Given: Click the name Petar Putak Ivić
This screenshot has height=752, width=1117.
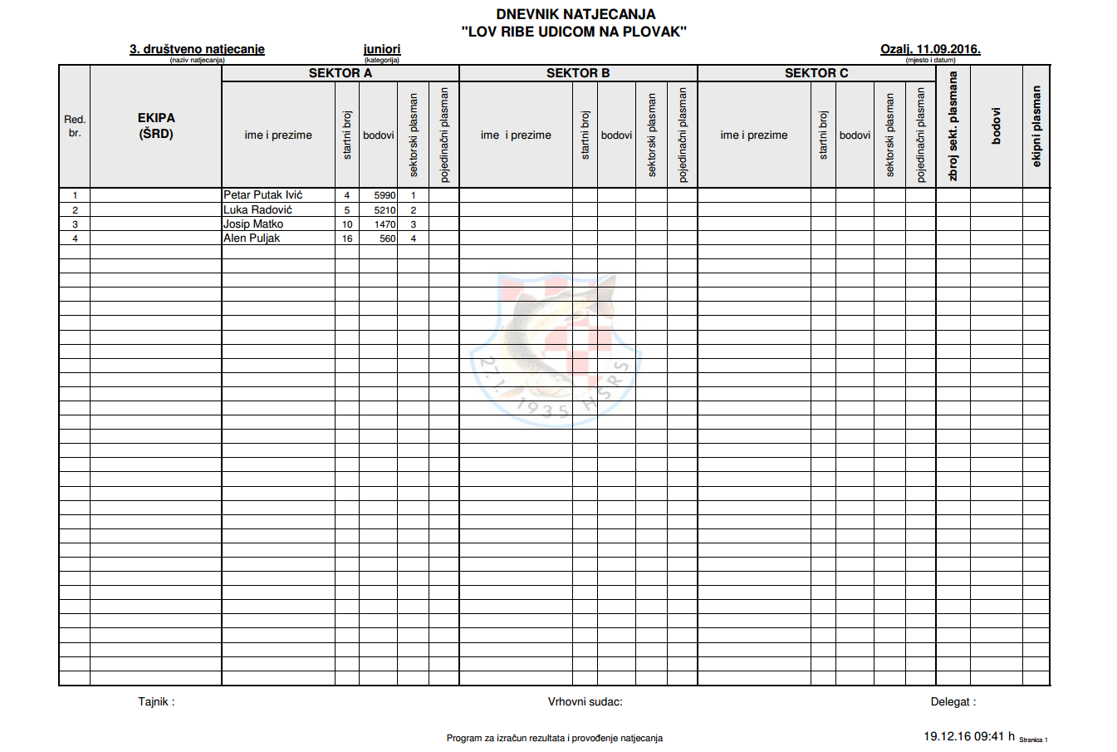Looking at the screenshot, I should [262, 195].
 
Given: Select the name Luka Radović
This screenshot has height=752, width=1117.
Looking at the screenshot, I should [257, 210].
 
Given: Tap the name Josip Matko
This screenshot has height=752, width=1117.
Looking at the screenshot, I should [252, 224].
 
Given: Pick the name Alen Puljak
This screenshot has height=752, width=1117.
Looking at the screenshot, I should [251, 238].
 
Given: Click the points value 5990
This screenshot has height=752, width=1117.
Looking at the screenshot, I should [385, 196].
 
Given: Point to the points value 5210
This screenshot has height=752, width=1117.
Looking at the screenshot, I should [385, 210].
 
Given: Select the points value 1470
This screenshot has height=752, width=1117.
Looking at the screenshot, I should [385, 224].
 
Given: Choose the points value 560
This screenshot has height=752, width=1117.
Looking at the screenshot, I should [388, 238].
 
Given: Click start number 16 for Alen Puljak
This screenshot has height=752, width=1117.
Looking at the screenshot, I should [347, 238].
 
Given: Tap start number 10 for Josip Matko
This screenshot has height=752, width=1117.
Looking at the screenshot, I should [347, 224].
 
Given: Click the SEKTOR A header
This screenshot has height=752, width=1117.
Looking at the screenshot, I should [340, 73].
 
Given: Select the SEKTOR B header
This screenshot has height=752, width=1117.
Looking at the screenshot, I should [578, 73].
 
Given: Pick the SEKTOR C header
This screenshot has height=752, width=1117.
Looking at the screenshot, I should [816, 73].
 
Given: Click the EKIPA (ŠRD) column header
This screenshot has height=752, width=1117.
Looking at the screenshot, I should [156, 125].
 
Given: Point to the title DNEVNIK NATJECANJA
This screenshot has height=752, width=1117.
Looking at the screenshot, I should [576, 14].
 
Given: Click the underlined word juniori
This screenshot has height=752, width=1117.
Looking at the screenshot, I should [382, 49].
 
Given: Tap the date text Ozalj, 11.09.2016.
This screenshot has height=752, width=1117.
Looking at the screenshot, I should [930, 49].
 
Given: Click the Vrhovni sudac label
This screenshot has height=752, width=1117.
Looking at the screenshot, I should [585, 701].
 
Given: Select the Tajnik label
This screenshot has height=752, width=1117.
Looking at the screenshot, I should [156, 701].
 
